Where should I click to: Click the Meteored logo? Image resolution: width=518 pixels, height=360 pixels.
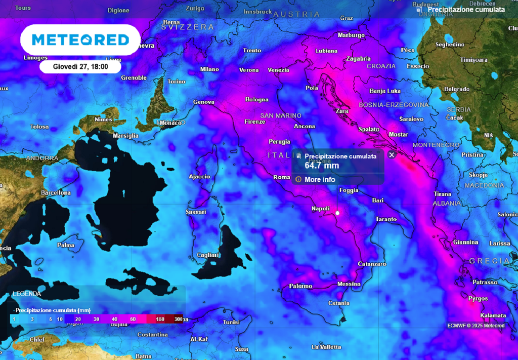pyautogui.click(x=80, y=40)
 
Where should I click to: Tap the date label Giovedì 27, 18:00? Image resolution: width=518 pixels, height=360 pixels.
pyautogui.click(x=80, y=66)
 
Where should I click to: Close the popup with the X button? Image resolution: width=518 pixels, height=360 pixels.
pyautogui.click(x=392, y=155)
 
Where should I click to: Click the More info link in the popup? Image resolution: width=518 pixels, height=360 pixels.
pyautogui.click(x=319, y=179)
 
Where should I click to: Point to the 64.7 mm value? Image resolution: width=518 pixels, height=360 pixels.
pyautogui.click(x=322, y=165)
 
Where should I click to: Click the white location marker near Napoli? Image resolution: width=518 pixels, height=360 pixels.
pyautogui.click(x=337, y=213)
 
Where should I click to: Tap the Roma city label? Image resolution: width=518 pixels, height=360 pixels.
pyautogui.click(x=282, y=177)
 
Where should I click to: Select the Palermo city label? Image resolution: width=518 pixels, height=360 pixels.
pyautogui.click(x=300, y=286)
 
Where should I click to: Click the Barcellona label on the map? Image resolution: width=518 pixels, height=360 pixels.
pyautogui.click(x=56, y=193)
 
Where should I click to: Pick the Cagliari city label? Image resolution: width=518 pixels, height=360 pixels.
pyautogui.click(x=208, y=255)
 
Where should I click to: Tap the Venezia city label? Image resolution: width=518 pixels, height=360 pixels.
pyautogui.click(x=278, y=70)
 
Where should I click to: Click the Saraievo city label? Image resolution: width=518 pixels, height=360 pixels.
pyautogui.click(x=411, y=119)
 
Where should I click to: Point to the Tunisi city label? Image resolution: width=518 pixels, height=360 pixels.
pyautogui.click(x=231, y=322)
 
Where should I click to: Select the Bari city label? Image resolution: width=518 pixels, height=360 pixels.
pyautogui.click(x=378, y=201)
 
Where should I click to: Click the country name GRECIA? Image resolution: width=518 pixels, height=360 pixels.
pyautogui.click(x=489, y=261)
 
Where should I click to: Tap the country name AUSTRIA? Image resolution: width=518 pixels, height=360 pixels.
pyautogui.click(x=296, y=15)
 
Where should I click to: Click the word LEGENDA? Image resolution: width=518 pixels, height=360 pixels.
pyautogui.click(x=27, y=293)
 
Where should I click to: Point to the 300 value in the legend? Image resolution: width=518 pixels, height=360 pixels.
pyautogui.click(x=179, y=319)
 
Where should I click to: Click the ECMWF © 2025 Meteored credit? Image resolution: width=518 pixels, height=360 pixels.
pyautogui.click(x=476, y=325)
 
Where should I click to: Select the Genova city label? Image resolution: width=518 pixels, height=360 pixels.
pyautogui.click(x=204, y=102)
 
